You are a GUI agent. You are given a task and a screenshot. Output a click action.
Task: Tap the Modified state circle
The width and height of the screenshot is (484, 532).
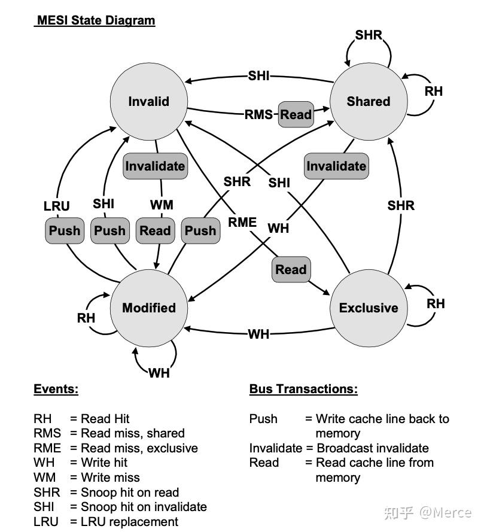point(148,308)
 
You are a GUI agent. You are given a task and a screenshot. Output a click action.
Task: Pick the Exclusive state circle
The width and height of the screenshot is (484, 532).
point(368,308)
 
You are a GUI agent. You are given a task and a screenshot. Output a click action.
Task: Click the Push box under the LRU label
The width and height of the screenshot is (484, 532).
point(65,231)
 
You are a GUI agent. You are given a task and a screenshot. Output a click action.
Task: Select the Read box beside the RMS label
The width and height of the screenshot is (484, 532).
point(296,114)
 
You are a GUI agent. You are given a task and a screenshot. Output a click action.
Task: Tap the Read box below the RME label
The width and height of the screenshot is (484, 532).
point(291,270)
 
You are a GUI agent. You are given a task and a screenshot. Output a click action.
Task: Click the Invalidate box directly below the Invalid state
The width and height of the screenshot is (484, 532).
point(155,166)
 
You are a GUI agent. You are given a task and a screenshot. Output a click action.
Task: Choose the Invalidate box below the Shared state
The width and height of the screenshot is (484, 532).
point(336,166)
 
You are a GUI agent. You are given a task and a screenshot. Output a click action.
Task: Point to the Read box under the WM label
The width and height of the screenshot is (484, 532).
point(155,231)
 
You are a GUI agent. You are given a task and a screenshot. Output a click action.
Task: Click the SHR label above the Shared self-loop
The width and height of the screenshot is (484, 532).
point(368,35)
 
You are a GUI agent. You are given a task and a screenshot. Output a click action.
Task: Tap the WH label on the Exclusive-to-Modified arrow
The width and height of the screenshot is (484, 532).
point(258,334)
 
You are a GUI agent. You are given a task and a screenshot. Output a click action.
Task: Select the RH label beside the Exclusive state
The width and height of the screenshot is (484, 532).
point(436,304)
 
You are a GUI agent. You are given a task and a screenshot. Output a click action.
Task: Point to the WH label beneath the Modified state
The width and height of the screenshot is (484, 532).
point(159,373)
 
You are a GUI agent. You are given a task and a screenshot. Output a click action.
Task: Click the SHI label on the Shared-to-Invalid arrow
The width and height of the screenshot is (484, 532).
point(258,75)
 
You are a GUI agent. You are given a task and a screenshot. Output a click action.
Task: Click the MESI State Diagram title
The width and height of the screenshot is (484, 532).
point(95,20)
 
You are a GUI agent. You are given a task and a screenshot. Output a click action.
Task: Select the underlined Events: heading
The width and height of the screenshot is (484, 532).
point(56,389)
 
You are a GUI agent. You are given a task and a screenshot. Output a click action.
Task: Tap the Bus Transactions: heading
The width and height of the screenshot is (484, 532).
point(303,389)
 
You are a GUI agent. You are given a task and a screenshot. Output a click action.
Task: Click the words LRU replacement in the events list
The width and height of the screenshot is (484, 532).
point(129,522)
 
